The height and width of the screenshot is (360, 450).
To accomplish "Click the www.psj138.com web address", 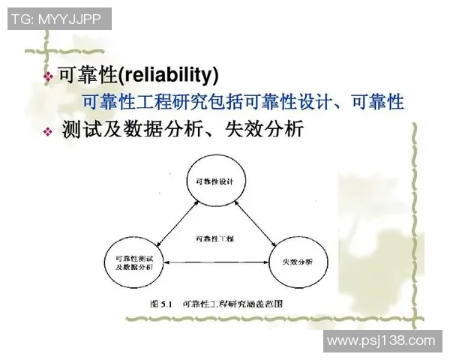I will pyautogui.click(x=381, y=340).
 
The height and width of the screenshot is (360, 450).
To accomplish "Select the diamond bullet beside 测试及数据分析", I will pyautogui.click(x=48, y=131).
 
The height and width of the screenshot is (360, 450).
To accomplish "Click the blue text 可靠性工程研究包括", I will pyautogui.click(x=157, y=101).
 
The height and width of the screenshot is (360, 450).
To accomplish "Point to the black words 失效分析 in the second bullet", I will pyautogui.click(x=269, y=130).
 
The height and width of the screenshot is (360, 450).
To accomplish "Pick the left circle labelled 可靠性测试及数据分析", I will pyautogui.click(x=133, y=262).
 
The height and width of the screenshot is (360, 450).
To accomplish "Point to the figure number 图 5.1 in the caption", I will pyautogui.click(x=162, y=305).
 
